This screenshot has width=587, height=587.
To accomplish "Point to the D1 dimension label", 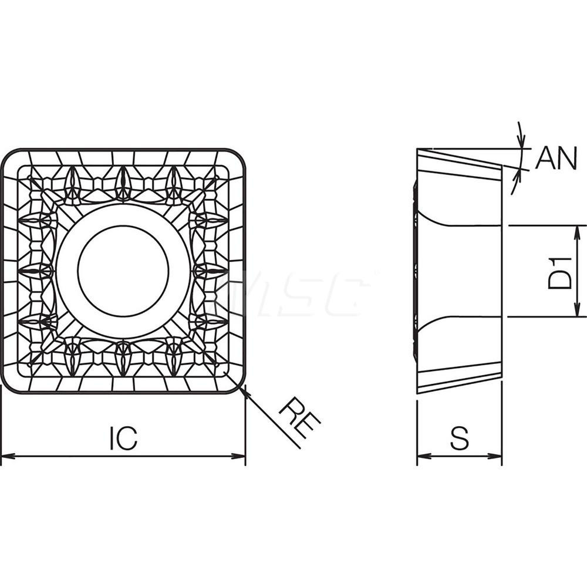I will [560, 271].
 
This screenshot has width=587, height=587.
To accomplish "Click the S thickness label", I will [460, 438].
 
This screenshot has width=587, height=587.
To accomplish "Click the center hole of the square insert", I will [123, 271].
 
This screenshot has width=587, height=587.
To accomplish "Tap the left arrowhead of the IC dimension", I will [6, 456].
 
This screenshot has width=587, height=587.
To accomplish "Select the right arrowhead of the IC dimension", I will [240, 456].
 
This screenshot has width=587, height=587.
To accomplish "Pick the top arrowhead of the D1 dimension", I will [578, 230].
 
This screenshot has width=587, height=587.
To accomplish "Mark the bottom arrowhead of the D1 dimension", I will [578, 312].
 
